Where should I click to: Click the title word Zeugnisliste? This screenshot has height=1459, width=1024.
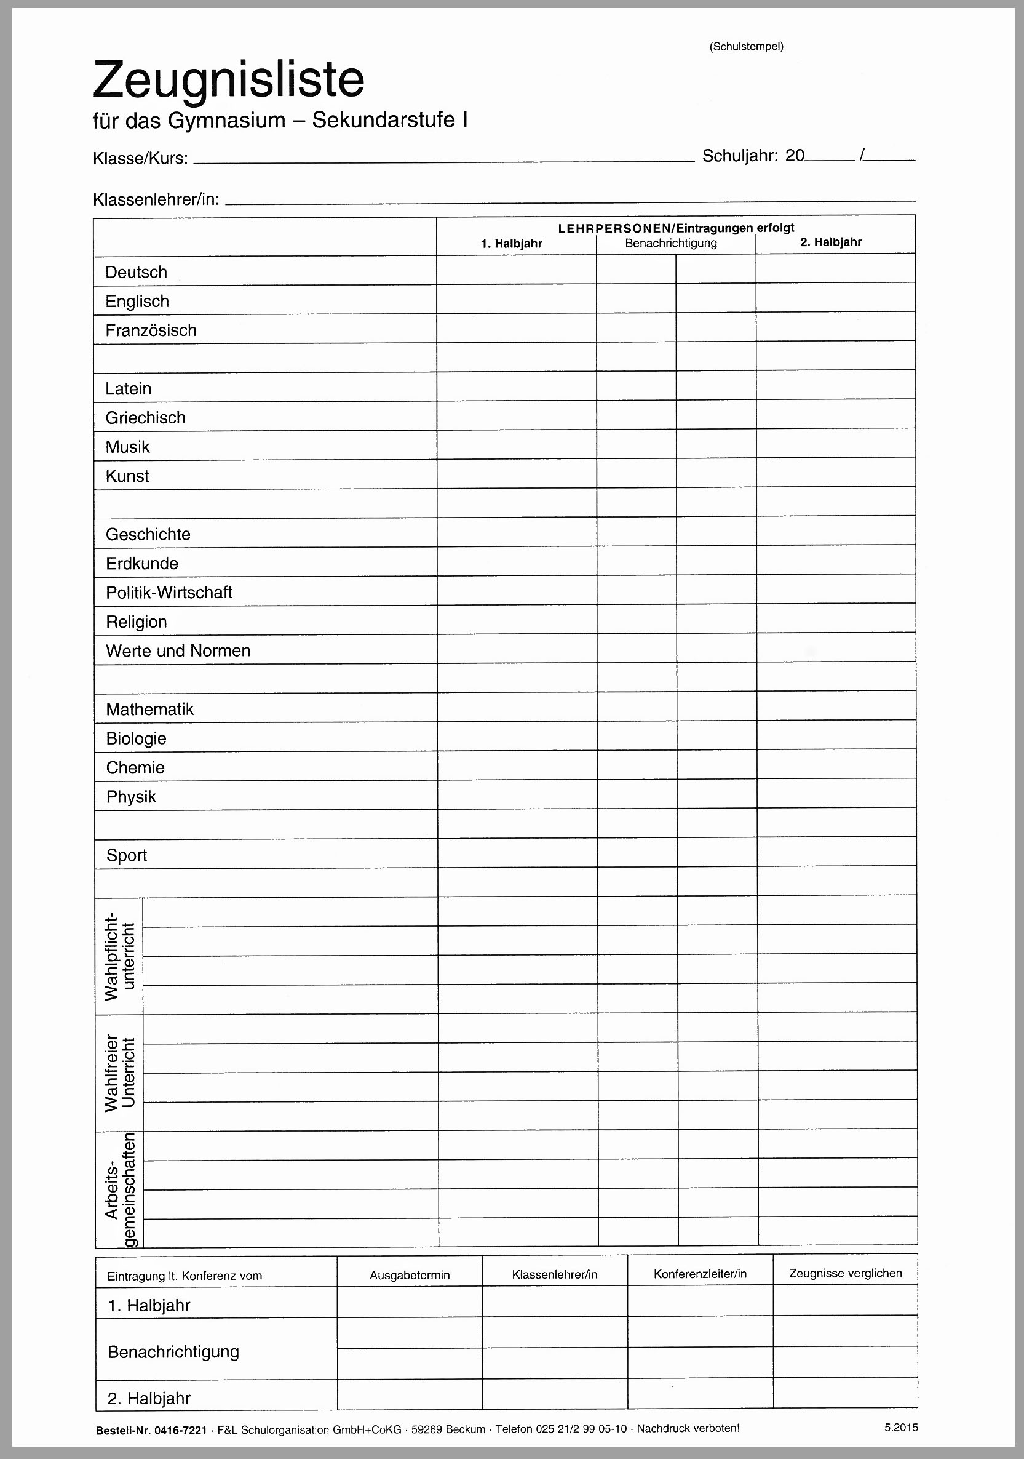pos(229,80)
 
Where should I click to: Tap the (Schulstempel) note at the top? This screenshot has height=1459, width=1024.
pos(746,46)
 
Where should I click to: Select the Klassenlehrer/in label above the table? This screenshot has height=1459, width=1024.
pos(156,199)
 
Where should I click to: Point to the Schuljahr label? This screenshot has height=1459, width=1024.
pos(739,156)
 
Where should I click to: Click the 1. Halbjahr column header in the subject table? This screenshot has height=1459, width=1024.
pos(511,244)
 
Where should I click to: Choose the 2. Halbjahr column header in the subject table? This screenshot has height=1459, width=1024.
pos(831,242)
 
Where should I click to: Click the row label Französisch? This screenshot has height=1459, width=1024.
pos(151,330)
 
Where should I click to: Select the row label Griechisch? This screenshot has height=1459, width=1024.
pos(146,417)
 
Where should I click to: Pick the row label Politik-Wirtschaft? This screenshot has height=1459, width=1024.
pos(169,592)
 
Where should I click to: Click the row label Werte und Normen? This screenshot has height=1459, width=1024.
pos(178,650)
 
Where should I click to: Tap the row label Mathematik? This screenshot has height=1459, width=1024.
pos(150,709)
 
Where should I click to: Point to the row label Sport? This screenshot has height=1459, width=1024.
pos(127,855)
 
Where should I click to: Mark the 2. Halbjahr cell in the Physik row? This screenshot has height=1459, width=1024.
pos(836,794)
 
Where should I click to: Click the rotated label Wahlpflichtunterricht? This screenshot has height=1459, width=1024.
pos(119,956)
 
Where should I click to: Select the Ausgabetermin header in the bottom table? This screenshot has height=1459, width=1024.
pos(410,1276)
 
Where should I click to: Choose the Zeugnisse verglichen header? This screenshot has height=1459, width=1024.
pos(845,1273)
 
